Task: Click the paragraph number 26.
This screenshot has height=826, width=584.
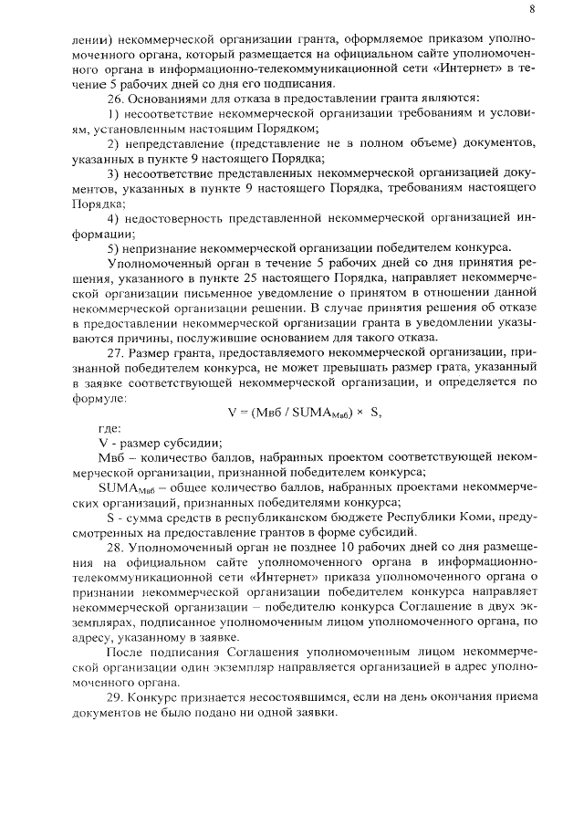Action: pyautogui.click(x=116, y=98)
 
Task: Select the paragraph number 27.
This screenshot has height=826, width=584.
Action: pyautogui.click(x=116, y=350)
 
